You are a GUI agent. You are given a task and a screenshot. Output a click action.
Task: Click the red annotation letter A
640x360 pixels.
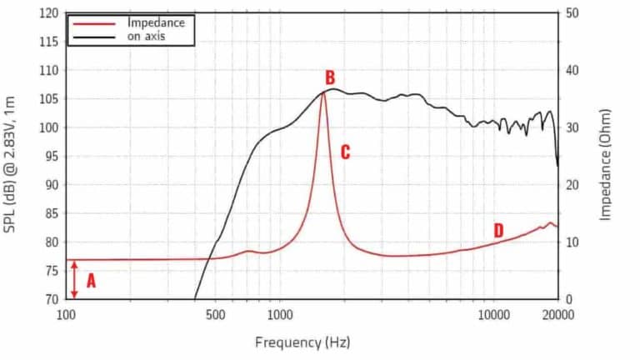(x=91, y=281)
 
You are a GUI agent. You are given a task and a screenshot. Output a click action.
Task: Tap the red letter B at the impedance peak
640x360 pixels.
(x=330, y=78)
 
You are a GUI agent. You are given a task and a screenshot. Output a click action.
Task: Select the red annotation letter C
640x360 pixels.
(x=345, y=152)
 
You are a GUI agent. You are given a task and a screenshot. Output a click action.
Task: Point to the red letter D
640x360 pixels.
(x=498, y=230)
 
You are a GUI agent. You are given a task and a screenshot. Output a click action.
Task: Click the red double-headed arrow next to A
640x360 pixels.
(x=75, y=280)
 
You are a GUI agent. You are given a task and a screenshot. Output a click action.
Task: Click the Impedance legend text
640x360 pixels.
(x=156, y=23)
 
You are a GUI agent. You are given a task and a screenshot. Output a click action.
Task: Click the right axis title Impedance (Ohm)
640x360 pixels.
(x=606, y=164)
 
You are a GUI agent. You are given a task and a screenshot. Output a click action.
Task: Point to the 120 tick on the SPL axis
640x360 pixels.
(x=50, y=14)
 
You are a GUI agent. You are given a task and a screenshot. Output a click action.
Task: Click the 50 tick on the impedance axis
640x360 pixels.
(x=572, y=14)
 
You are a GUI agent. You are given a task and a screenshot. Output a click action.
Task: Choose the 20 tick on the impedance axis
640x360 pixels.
(x=572, y=185)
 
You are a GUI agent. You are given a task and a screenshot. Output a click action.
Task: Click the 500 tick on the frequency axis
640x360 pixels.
(x=215, y=314)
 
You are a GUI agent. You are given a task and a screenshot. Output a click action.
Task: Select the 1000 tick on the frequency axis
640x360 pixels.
(x=280, y=314)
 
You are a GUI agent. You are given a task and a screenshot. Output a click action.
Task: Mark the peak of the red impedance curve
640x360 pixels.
(x=322, y=92)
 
